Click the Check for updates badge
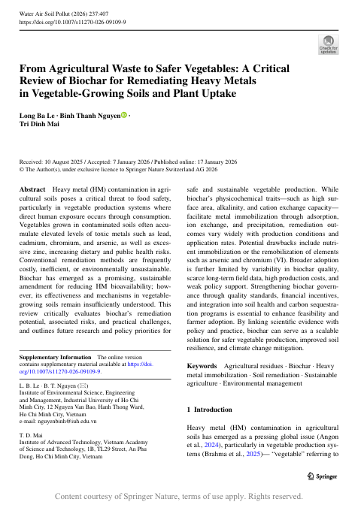(x=329, y=44)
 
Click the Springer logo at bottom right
(x=331, y=476)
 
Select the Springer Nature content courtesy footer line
(x=180, y=497)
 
